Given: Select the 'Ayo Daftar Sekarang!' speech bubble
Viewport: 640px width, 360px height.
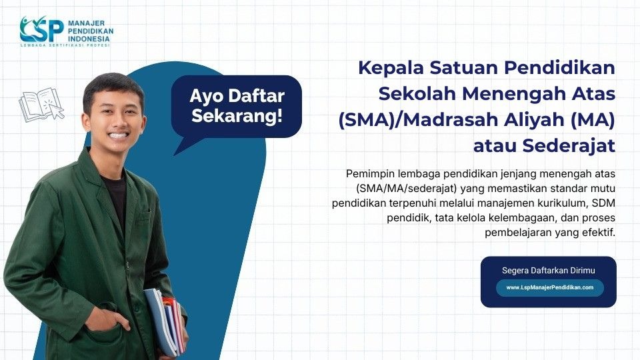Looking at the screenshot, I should pyautogui.click(x=236, y=105).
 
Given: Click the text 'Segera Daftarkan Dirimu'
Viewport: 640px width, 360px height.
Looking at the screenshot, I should pyautogui.click(x=548, y=270).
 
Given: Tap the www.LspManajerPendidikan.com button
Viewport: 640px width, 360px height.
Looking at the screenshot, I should pyautogui.click(x=549, y=287).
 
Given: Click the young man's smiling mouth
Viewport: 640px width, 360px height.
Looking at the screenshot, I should pyautogui.click(x=119, y=135).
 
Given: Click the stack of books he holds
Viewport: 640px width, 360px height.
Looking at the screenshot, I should pyautogui.click(x=164, y=320).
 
